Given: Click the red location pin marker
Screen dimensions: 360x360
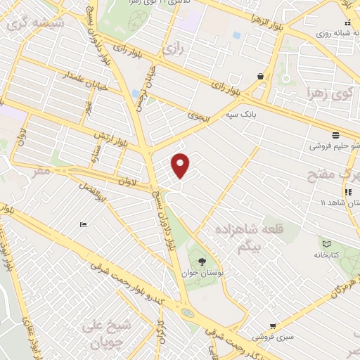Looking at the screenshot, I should [x=181, y=165].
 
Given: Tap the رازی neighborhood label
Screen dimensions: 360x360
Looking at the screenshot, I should [x=172, y=49].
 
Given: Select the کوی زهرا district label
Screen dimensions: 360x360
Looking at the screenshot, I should [x=328, y=93].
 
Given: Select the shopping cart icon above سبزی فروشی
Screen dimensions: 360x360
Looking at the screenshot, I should [x=273, y=326].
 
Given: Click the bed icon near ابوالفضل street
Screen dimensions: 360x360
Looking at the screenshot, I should [x=84, y=225].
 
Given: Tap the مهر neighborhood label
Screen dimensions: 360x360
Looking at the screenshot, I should [x=41, y=171].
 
